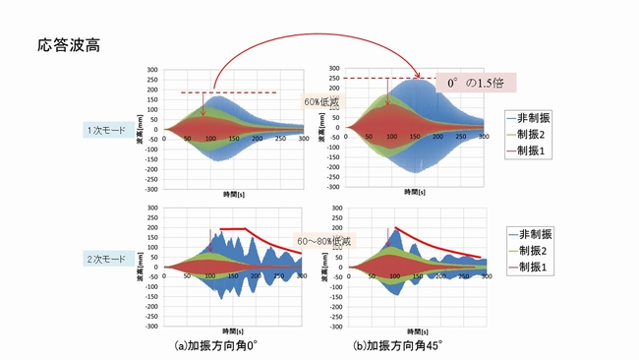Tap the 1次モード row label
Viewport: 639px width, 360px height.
point(105,128)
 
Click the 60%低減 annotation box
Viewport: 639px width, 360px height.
point(320,100)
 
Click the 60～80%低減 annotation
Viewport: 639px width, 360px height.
point(322,240)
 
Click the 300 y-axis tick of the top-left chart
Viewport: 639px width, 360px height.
point(153,70)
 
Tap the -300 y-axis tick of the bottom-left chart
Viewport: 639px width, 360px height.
point(151,324)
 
